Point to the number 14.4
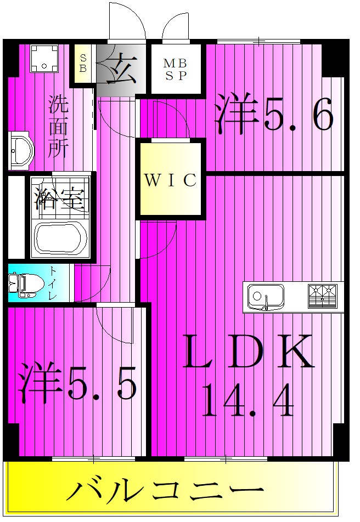pos(249,400)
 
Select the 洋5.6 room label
pos(273,112)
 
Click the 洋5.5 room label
pos(77,382)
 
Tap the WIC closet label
pos(170,180)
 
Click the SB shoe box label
pos(83,63)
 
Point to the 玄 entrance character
pos(122,69)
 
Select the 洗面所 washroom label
pos(59,127)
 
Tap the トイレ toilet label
pos(53,282)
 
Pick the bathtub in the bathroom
pos(61,239)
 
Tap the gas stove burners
pos(322,296)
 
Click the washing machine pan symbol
pos(44,59)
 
